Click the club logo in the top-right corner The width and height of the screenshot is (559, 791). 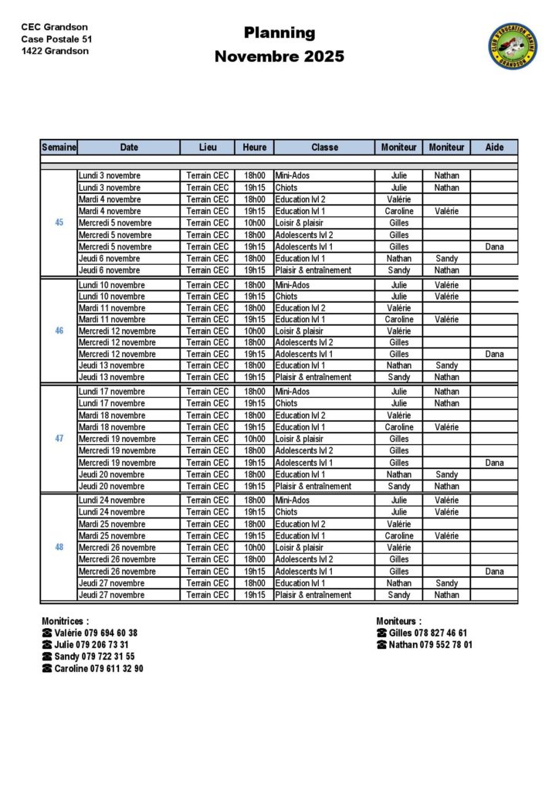(x=512, y=46)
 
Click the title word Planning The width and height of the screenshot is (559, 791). (x=279, y=32)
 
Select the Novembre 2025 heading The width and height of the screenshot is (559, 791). (x=279, y=56)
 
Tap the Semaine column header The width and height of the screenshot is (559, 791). (x=59, y=147)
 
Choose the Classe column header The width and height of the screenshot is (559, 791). (x=324, y=147)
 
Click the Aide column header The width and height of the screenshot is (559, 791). (x=494, y=147)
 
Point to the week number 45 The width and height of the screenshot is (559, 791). (x=59, y=222)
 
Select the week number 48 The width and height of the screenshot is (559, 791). (x=59, y=547)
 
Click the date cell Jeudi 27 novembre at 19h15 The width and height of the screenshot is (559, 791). (x=111, y=595)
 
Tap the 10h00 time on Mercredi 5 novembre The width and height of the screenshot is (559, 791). (x=254, y=222)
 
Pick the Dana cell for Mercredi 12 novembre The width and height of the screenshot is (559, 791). (x=494, y=354)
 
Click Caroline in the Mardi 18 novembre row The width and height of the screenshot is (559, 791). (x=399, y=427)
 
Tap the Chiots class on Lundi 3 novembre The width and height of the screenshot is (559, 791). (x=286, y=187)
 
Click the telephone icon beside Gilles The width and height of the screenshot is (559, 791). (x=381, y=633)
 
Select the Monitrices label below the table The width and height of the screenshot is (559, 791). (x=65, y=620)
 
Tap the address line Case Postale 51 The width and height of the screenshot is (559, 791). (x=56, y=39)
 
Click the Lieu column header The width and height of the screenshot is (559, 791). (x=208, y=147)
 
